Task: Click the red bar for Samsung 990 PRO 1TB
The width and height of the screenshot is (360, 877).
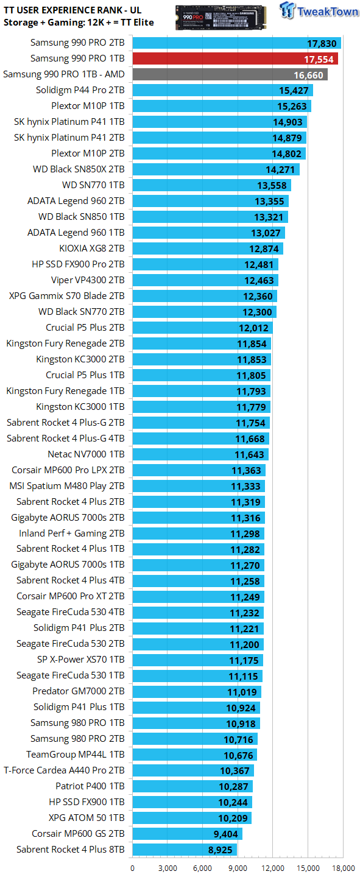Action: pos(235,58)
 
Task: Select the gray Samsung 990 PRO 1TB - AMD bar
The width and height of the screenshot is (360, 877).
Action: pos(230,74)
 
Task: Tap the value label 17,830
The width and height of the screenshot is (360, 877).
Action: pos(322,43)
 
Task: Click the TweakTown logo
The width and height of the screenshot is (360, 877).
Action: pos(319,10)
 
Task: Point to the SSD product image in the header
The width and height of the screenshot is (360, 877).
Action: pos(221,18)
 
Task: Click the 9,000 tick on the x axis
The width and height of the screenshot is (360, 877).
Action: pos(238,868)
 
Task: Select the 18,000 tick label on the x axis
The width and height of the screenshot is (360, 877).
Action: pos(343,868)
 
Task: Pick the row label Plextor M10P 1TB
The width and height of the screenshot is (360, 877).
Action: pos(88,106)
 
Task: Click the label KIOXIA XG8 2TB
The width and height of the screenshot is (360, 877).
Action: pos(91,248)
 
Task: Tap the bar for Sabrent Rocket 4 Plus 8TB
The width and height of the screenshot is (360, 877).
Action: pos(185,850)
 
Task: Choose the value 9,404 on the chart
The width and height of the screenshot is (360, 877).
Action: pos(225,834)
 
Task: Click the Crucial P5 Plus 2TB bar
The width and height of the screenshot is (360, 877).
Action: pos(202,328)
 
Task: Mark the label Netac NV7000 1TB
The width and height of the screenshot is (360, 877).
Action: pos(86,454)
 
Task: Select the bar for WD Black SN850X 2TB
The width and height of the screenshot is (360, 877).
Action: pos(216,169)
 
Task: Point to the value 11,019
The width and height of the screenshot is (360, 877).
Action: pos(242,692)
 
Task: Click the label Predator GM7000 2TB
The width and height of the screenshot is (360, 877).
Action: pos(79,691)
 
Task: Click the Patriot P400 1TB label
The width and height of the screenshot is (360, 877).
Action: pos(90,786)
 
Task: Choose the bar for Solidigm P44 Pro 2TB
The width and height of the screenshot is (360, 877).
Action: pos(222,90)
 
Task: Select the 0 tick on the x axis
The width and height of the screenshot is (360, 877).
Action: pos(132,868)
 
